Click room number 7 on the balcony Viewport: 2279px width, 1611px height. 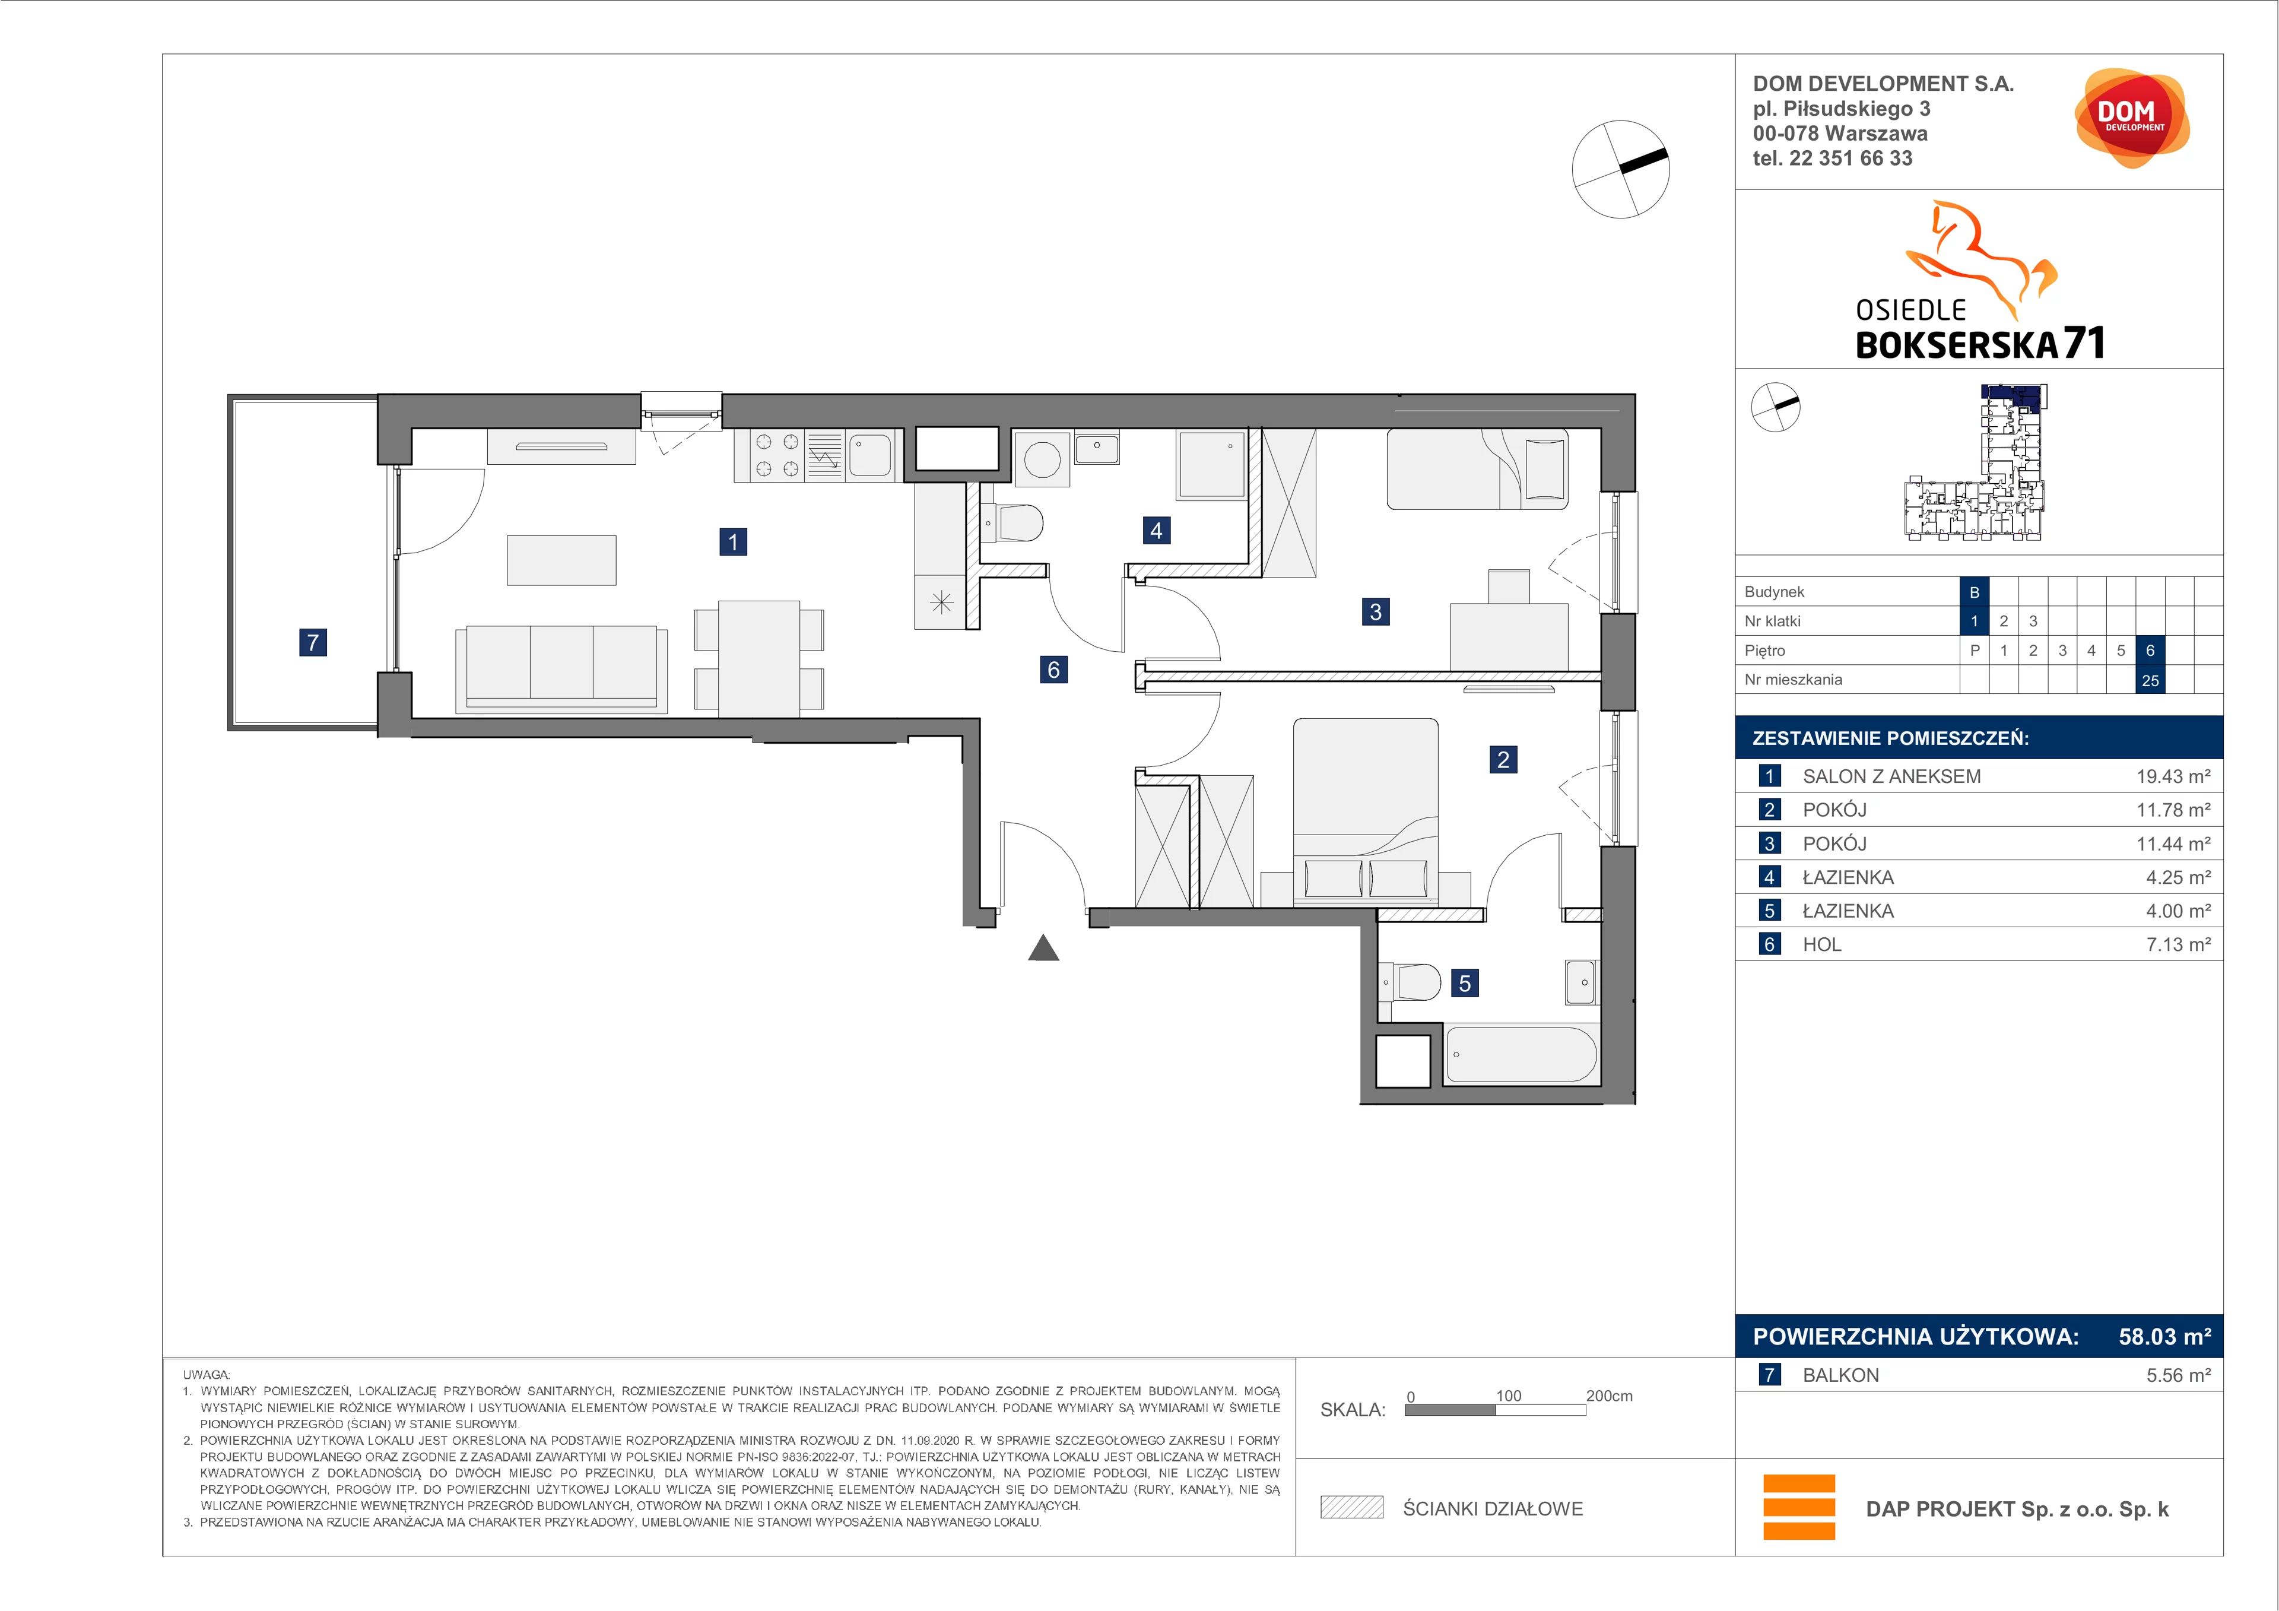point(313,642)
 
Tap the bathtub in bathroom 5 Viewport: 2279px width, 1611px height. point(1521,1054)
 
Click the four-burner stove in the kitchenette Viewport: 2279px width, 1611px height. point(777,456)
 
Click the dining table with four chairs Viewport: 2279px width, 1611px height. point(759,658)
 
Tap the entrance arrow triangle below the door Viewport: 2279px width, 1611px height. point(1043,948)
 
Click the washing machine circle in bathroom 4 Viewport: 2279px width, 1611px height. point(1042,459)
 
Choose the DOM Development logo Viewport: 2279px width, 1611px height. point(2131,117)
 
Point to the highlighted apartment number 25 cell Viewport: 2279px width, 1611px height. point(2150,680)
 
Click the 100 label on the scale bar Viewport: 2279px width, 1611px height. point(1509,1396)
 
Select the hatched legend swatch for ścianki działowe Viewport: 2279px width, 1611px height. point(1351,1508)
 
